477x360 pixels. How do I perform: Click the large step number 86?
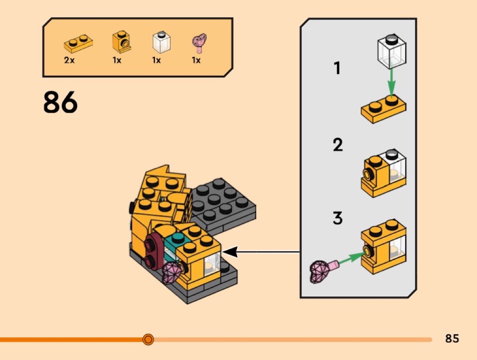pos(60,102)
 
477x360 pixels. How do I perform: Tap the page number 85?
pos(452,338)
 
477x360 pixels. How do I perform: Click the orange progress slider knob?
pos(148,339)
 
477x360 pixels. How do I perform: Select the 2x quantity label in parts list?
pos(70,60)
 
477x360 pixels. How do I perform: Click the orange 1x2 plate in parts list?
pos(78,44)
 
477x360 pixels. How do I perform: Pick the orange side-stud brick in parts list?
pos(121,42)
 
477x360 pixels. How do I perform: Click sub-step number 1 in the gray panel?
pos(337,68)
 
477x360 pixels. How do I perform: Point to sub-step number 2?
pos(338,145)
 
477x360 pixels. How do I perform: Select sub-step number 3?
pos(338,218)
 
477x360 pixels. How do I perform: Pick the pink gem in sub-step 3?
pos(323,270)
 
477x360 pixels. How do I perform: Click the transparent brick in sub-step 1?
pos(392,51)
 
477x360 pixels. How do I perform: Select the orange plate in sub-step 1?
pos(383,109)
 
